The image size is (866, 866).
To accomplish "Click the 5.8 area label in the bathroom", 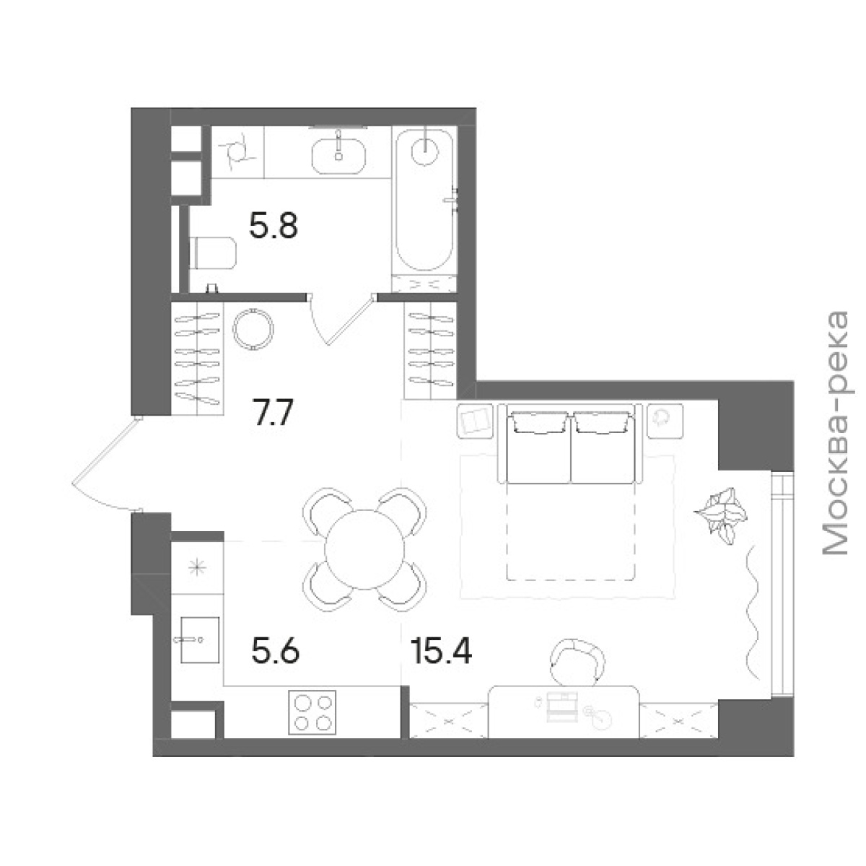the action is coord(274,226).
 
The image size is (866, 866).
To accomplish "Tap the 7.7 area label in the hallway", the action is coord(273,413).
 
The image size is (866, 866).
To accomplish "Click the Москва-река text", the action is coord(836,433).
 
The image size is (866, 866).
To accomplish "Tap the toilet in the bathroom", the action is coord(213,253).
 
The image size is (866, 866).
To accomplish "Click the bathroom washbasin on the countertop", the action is coord(338,155).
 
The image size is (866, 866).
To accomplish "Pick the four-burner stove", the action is coord(312,712).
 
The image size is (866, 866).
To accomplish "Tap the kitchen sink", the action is coord(199,639).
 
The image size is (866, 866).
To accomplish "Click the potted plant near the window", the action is coord(720,515).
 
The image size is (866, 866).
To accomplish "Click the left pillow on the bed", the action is coord(538,424).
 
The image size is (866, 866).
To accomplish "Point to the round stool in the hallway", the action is coord(253,329).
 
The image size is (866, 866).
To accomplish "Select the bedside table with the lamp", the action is coord(665,420).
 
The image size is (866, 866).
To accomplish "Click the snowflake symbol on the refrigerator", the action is coord(197,569).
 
